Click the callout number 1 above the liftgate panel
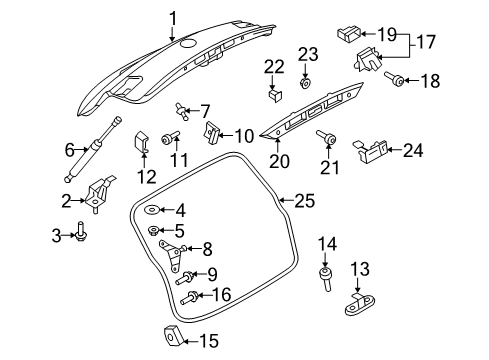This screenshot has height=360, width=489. click(x=172, y=18)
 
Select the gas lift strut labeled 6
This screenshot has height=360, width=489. click(x=92, y=149)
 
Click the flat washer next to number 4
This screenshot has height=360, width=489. click(x=152, y=210)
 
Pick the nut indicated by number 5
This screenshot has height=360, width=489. click(x=154, y=230)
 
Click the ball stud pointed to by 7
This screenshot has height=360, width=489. click(x=181, y=111)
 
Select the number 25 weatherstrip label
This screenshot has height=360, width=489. click(x=305, y=201)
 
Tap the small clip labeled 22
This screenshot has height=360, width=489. click(x=275, y=95)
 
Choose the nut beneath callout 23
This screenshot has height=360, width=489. click(x=305, y=83)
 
